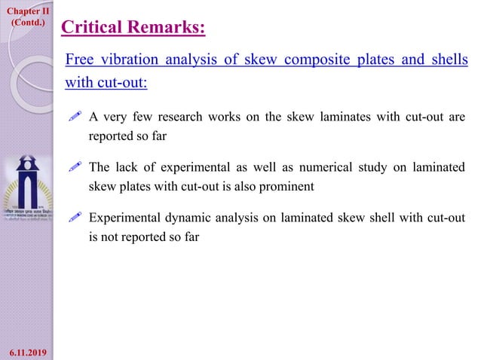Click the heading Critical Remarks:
133,28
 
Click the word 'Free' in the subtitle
79,59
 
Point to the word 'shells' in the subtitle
449,59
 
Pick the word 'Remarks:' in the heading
164,28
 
